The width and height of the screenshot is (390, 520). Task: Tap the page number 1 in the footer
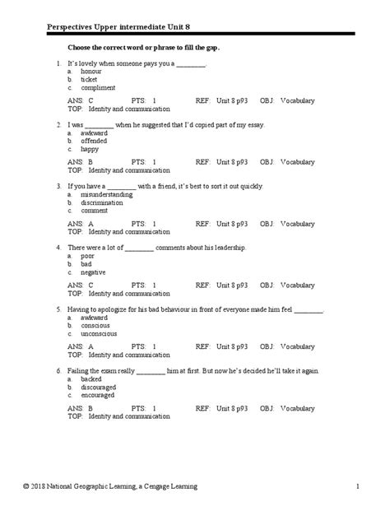358,489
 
